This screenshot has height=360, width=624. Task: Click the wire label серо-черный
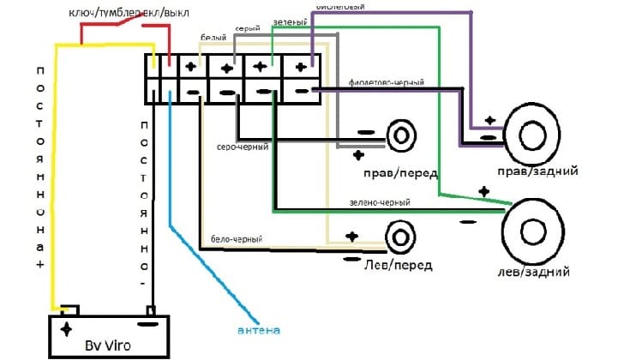click(x=243, y=147)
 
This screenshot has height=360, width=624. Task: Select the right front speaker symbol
click(x=400, y=137)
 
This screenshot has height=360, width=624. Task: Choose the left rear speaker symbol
click(x=532, y=228)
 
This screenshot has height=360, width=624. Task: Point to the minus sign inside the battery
click(x=147, y=324)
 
